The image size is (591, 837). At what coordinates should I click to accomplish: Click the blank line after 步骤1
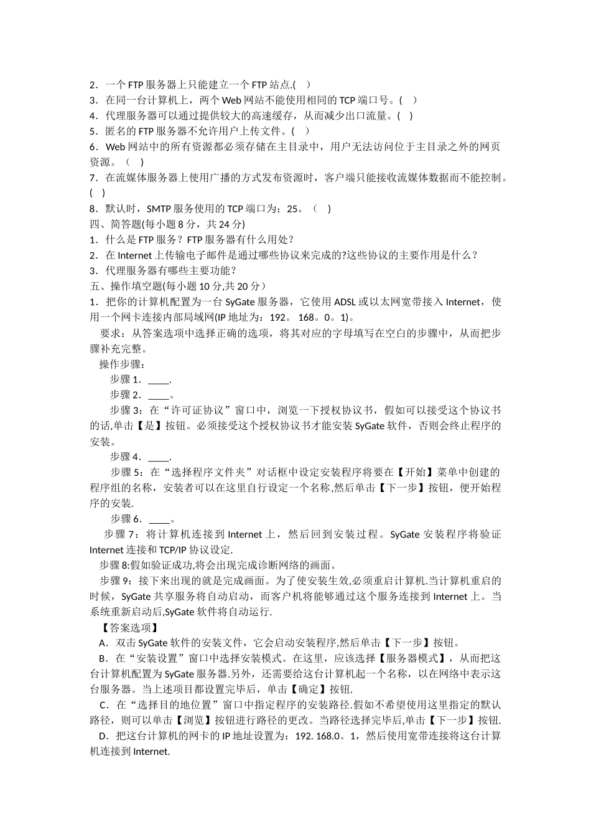tap(159, 379)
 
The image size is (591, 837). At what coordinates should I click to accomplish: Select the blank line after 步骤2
tap(159, 395)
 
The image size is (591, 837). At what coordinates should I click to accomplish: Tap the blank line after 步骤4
tap(159, 457)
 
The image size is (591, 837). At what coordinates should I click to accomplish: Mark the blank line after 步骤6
tap(159, 519)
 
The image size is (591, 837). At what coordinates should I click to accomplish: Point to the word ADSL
tap(345, 302)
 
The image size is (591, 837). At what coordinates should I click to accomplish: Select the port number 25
tap(292, 209)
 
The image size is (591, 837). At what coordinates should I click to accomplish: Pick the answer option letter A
tap(103, 643)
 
